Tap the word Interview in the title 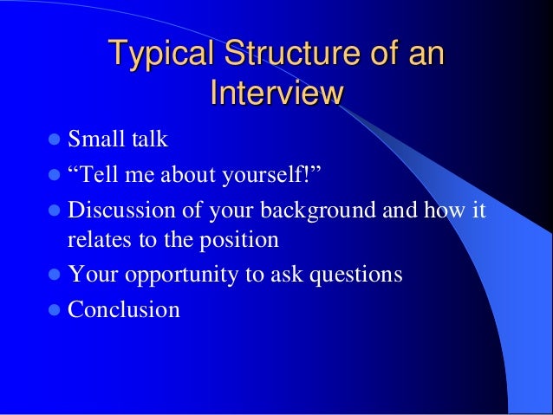(276, 93)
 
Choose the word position (237, 241)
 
